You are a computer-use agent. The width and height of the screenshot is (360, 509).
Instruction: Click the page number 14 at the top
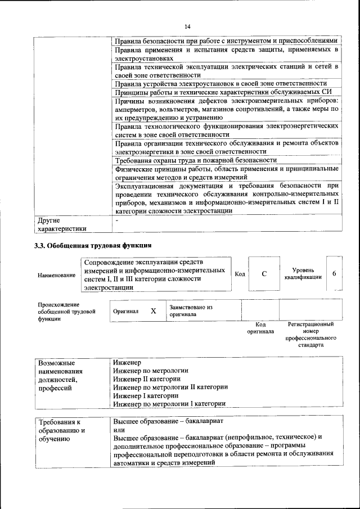(187, 26)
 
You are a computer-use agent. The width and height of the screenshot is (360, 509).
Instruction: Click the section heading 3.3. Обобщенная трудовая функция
(92, 245)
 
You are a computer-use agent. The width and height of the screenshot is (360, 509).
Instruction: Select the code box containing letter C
(264, 273)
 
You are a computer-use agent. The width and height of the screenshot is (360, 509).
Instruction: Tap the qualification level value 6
(334, 273)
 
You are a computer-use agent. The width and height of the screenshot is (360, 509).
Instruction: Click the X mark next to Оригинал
(153, 310)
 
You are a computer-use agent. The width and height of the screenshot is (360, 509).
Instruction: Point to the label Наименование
(56, 275)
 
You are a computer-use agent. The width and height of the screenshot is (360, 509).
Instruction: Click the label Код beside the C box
(240, 274)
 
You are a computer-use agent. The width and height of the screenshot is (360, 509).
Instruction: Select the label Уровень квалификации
(303, 273)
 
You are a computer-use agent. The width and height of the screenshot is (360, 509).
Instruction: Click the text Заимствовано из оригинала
(191, 311)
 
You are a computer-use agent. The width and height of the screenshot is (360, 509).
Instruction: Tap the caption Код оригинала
(260, 328)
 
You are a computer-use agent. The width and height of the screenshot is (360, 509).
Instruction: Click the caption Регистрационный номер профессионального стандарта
(310, 335)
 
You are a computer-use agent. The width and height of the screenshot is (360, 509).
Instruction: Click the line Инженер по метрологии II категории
(170, 387)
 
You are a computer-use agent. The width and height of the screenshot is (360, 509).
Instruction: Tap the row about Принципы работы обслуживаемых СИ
(226, 92)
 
